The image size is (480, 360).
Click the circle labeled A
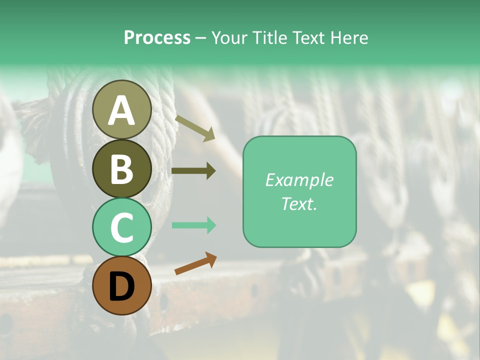(x=121, y=109)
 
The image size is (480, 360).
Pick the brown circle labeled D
(x=121, y=285)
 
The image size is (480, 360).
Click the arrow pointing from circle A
(x=194, y=128)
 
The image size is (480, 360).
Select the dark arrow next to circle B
(x=193, y=170)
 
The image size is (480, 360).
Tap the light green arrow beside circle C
(x=193, y=225)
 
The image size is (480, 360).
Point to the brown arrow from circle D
(x=195, y=263)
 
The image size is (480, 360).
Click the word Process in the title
(x=157, y=37)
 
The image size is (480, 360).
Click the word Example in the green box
(x=299, y=180)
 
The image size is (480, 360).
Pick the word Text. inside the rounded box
(x=299, y=203)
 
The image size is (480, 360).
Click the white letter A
(x=121, y=110)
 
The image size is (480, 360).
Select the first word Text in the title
(x=306, y=37)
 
